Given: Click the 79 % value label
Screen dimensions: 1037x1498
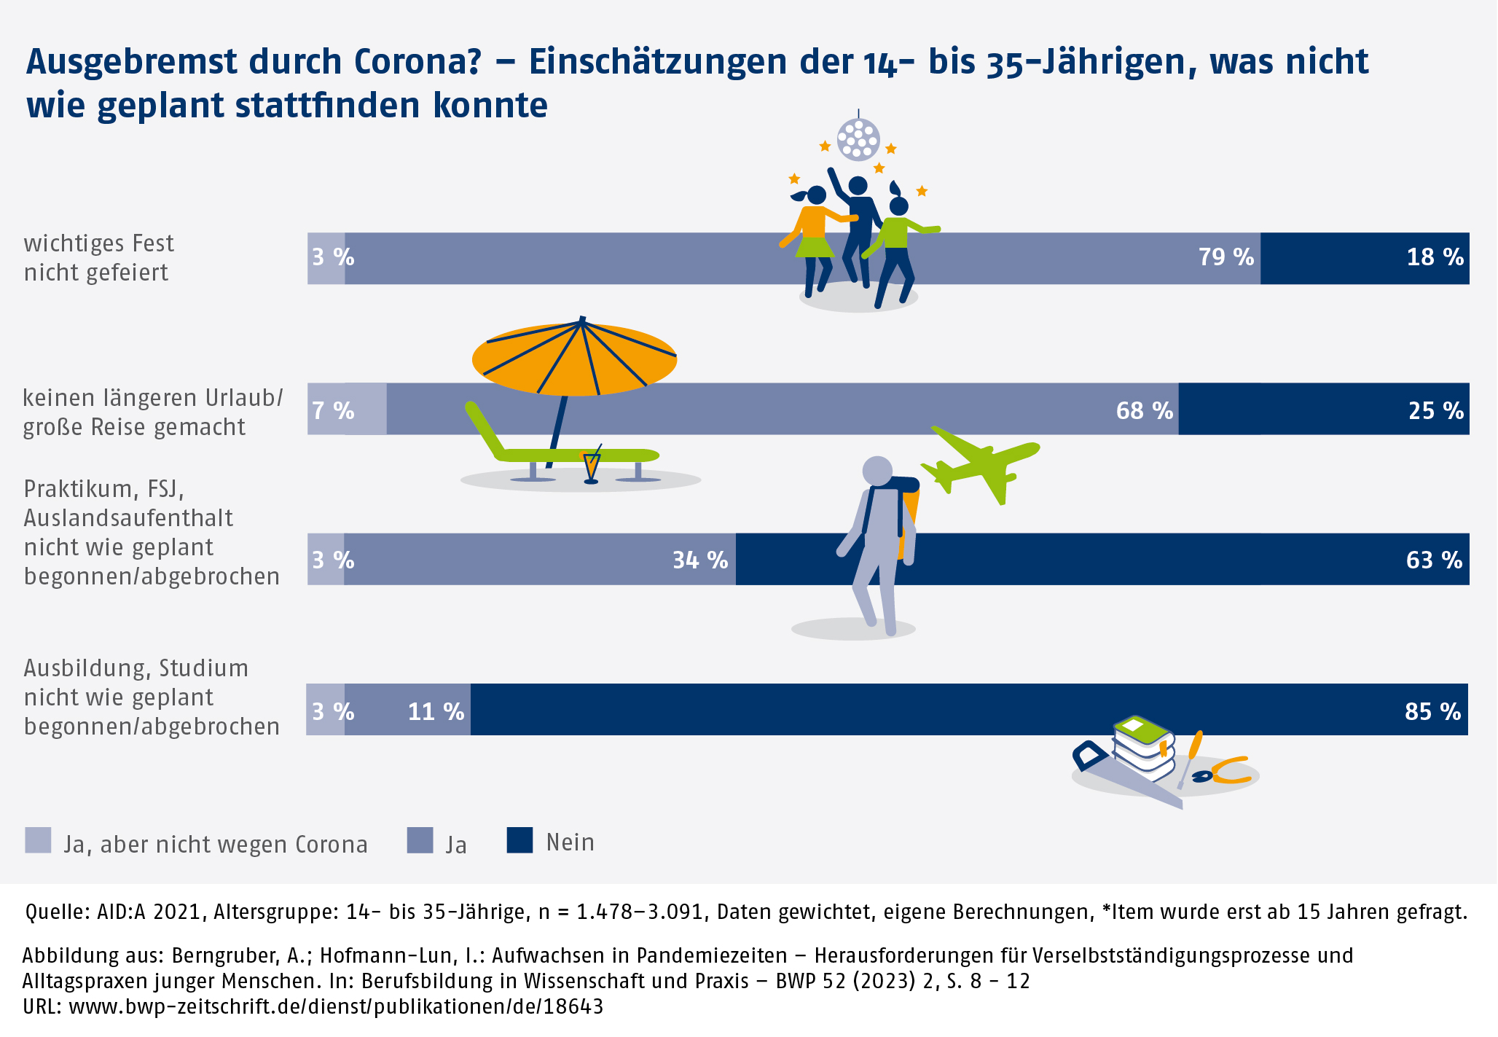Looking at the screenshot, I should [x=1226, y=257].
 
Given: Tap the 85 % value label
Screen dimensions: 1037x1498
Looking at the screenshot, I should [x=1432, y=711].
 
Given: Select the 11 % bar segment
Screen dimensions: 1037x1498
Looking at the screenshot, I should [x=408, y=710].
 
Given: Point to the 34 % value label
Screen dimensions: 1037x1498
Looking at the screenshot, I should [x=699, y=560].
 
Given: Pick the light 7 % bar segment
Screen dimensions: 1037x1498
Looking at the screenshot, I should [x=348, y=410].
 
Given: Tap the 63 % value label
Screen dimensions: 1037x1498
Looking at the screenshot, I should [x=1433, y=560].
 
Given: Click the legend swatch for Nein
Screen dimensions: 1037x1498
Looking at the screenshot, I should [x=519, y=840].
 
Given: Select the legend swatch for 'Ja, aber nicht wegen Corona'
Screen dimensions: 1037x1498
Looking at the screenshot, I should [x=38, y=840].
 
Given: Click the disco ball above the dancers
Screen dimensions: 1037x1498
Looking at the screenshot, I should [x=858, y=138].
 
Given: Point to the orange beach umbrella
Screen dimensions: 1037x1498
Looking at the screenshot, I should [x=574, y=359].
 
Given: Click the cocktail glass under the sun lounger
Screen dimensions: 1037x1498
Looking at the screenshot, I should [x=591, y=466].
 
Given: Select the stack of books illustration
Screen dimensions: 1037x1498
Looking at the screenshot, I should [x=1144, y=747].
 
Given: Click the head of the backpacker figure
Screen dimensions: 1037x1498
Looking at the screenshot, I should [x=877, y=471].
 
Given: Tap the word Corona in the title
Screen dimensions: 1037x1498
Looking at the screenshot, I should [x=417, y=62].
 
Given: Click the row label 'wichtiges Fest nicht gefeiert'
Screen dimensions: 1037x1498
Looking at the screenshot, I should [x=99, y=257].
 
